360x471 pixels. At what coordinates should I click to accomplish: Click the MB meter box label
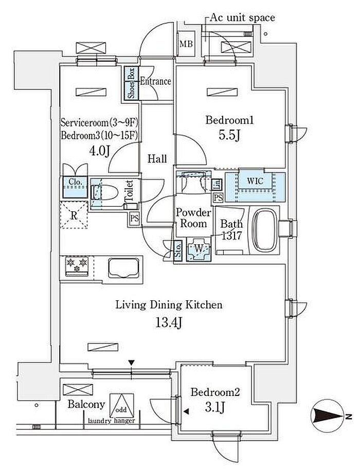186,44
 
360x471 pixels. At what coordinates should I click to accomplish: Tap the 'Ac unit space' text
242,17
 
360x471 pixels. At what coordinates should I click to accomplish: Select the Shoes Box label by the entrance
132,83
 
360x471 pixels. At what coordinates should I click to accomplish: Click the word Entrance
155,81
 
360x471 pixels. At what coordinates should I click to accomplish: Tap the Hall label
157,159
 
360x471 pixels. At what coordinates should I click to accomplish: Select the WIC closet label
256,181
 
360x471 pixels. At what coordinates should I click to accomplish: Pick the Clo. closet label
73,182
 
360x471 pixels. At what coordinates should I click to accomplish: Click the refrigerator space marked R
74,216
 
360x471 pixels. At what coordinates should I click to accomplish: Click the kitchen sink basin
124,267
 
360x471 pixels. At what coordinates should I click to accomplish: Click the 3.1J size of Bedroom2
215,409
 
